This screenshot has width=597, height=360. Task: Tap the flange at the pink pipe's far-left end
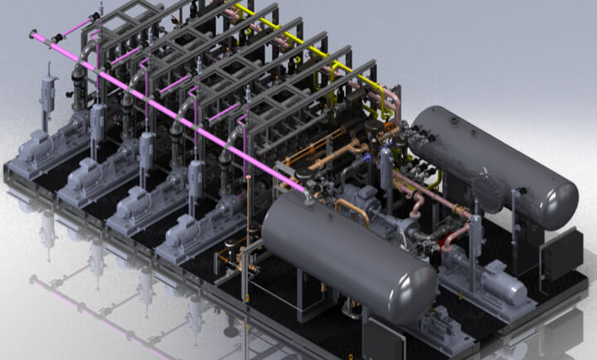coord(36,35)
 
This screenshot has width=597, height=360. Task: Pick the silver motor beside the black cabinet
coord(502,281)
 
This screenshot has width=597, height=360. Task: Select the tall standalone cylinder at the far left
coord(47,95)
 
